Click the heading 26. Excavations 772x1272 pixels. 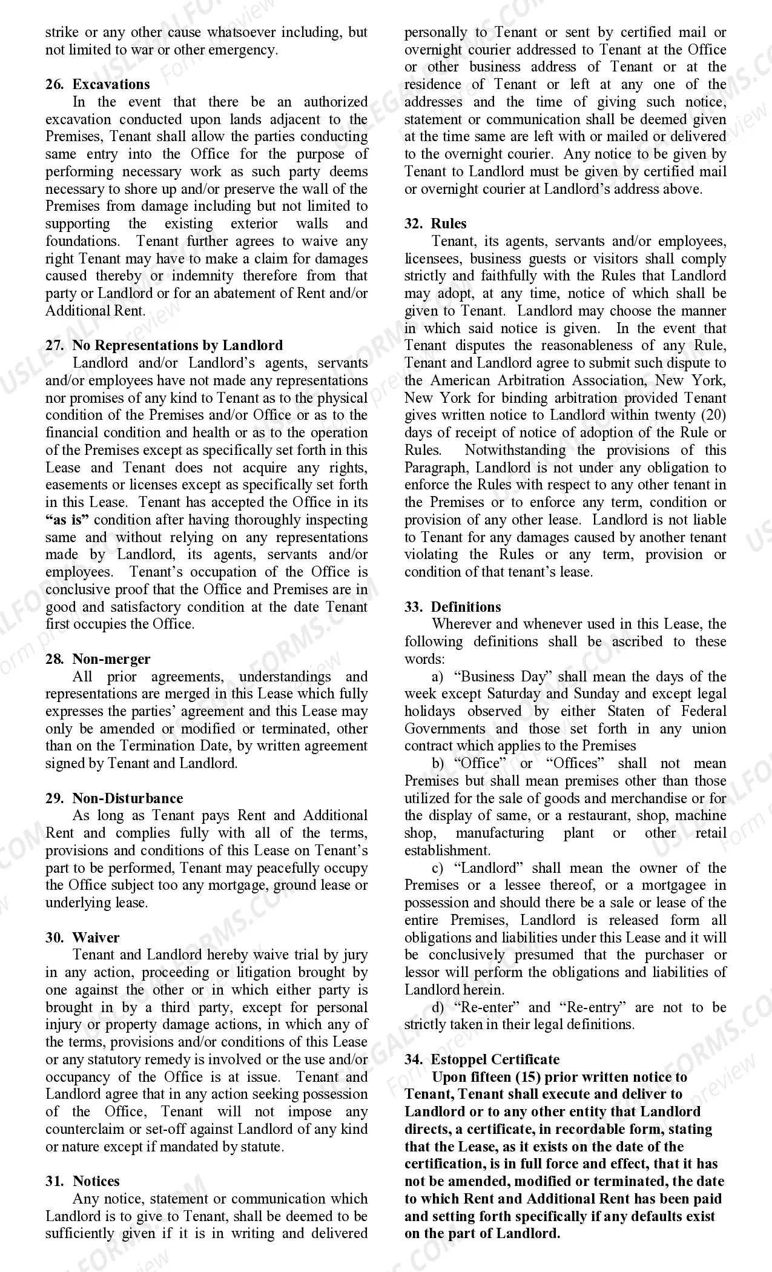(97, 84)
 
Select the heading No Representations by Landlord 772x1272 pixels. (177, 345)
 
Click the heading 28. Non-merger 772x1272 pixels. (97, 659)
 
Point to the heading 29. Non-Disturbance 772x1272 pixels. (114, 798)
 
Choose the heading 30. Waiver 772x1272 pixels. (82, 938)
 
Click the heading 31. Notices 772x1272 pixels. (82, 1181)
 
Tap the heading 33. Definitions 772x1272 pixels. (453, 607)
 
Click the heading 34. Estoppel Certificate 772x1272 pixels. (482, 1059)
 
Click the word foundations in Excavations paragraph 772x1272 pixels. (82, 241)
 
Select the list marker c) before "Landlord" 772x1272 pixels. (437, 868)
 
